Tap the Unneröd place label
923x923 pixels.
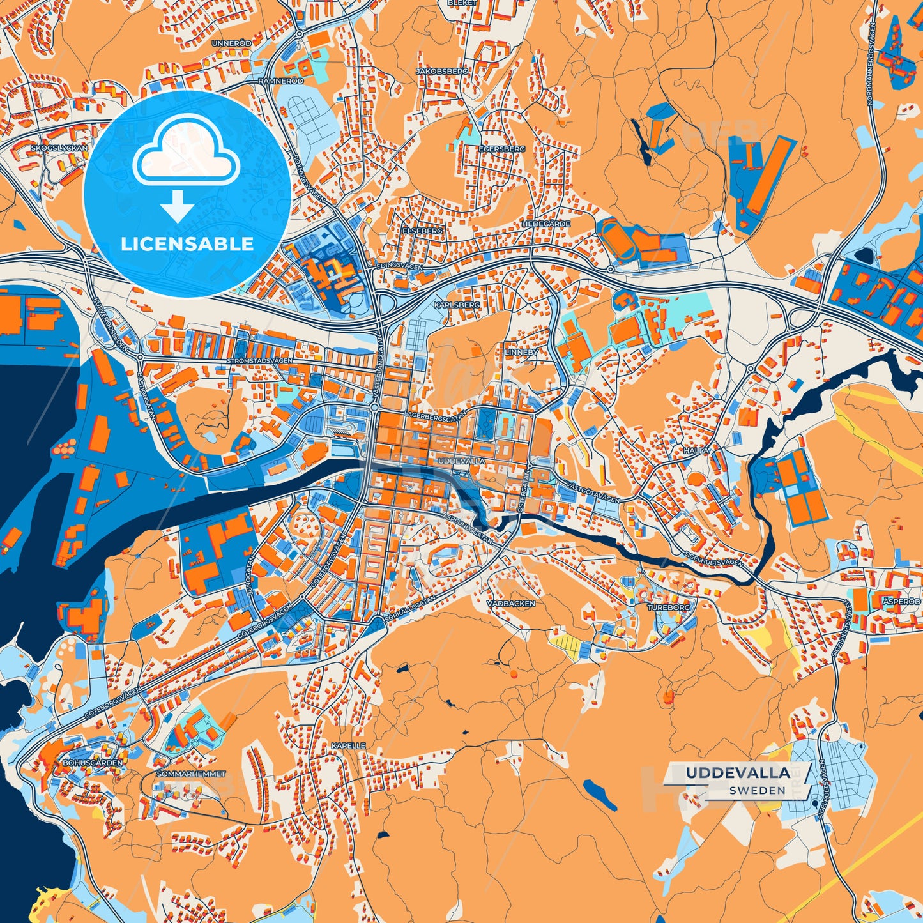231,43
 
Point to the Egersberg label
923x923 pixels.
501,149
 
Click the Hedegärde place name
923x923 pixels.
545,224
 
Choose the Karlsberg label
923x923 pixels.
457,305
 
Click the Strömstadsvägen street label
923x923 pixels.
259,361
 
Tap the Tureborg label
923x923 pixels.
669,607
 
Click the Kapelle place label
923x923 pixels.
349,745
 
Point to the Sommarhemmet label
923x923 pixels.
192,774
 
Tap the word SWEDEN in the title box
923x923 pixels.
758,790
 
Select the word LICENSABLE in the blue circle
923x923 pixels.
187,244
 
